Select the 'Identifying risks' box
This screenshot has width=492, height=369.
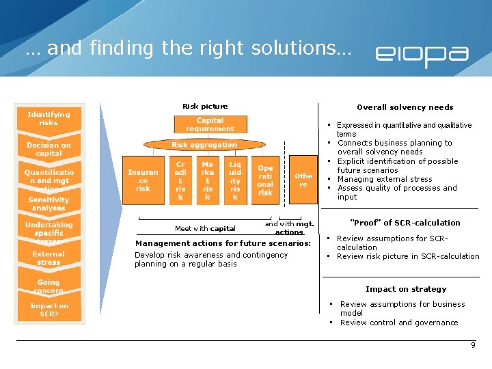[x=49, y=119]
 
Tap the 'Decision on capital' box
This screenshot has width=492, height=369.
[x=49, y=149]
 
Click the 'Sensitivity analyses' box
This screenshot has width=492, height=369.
[x=49, y=204]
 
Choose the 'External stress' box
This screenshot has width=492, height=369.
[x=49, y=258]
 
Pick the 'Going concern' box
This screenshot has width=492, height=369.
[x=49, y=286]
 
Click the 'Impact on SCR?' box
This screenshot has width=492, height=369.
[x=49, y=310]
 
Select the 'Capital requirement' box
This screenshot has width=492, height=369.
[x=209, y=124]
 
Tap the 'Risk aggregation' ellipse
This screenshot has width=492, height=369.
[x=204, y=145]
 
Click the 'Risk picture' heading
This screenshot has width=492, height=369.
[x=205, y=107]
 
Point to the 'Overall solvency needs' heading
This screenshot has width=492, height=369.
[x=405, y=107]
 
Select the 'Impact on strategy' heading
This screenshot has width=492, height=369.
[x=405, y=289]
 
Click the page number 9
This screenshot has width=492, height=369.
[x=473, y=346]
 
